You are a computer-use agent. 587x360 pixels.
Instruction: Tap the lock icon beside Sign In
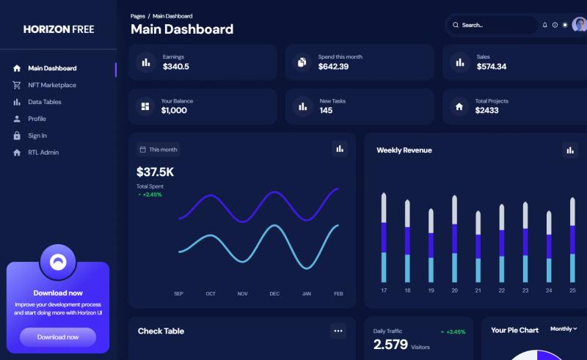click(x=17, y=136)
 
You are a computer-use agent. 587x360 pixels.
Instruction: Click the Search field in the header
click(x=492, y=25)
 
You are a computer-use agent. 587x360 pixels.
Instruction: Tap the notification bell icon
click(x=544, y=25)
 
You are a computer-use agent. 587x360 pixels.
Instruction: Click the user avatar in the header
click(x=580, y=25)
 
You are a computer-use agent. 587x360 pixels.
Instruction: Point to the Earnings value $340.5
click(x=176, y=67)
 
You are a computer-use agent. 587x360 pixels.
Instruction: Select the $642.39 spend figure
click(x=333, y=67)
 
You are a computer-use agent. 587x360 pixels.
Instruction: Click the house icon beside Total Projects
click(x=459, y=106)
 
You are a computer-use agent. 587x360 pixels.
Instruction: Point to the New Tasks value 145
click(x=326, y=111)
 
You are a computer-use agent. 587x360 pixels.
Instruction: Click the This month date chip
click(x=158, y=150)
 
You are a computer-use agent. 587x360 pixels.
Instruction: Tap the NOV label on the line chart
click(x=243, y=294)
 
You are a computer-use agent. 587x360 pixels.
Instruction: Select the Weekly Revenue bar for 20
click(x=454, y=238)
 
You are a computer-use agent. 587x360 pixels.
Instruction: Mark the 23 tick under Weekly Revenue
click(x=525, y=290)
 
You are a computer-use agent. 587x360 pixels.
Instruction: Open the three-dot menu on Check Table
click(x=338, y=331)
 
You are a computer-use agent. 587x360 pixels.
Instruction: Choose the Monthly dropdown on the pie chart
click(x=564, y=329)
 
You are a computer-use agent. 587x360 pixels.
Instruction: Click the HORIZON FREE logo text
click(x=59, y=29)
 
